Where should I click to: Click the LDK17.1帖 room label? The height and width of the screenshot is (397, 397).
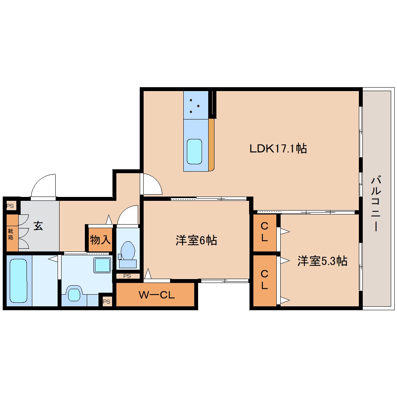pos(278,148)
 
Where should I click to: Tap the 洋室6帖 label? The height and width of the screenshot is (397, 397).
pos(196,241)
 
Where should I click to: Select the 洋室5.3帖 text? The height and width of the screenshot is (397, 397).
pos(322,261)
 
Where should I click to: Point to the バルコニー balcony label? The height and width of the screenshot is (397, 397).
pos(376,203)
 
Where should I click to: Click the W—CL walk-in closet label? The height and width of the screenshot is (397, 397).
pos(156,295)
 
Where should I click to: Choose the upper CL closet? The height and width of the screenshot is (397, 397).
pos(264,232)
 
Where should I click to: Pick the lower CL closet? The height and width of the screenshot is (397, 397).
pos(264,280)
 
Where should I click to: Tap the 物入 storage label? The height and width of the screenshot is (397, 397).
pos(100,239)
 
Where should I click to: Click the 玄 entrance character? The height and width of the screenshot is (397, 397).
pos(38,226)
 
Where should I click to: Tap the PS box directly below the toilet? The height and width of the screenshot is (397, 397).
pos(127,276)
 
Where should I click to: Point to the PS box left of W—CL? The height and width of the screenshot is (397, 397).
pos(106,301)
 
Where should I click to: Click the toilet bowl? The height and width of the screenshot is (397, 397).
pos(128,251)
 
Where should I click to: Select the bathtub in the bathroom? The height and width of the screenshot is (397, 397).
pos(18,280)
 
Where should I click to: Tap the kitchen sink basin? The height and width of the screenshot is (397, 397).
pos(194,151)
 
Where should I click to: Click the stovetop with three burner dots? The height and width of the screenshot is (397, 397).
pos(196,105)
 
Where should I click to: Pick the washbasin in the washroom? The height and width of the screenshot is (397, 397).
pos(74,294)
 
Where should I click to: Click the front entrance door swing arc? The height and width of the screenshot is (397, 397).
pos(43,186)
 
